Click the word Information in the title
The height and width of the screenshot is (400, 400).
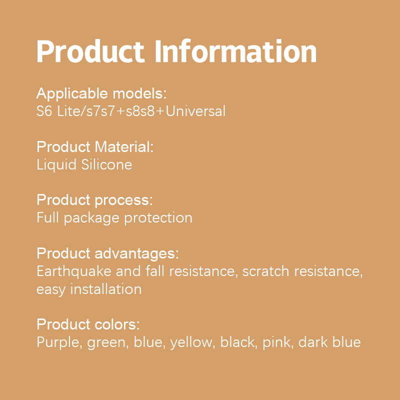pos(235,51)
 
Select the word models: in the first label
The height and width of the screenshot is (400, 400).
pos(139,93)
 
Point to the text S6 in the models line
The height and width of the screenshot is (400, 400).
pos(44,111)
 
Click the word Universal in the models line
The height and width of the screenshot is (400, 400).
pos(195,111)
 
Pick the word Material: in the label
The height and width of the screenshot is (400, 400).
pos(124,147)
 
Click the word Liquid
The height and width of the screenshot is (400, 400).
pos(56,165)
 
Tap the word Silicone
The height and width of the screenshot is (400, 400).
pos(106,164)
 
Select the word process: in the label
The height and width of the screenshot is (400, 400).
pos(124,201)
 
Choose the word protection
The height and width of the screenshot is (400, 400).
pos(158,218)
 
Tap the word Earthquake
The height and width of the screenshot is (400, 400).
pos(74,271)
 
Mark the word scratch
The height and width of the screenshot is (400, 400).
pos(265,271)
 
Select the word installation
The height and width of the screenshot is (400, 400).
pos(106,289)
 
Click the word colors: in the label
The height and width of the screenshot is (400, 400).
pos(117,324)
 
